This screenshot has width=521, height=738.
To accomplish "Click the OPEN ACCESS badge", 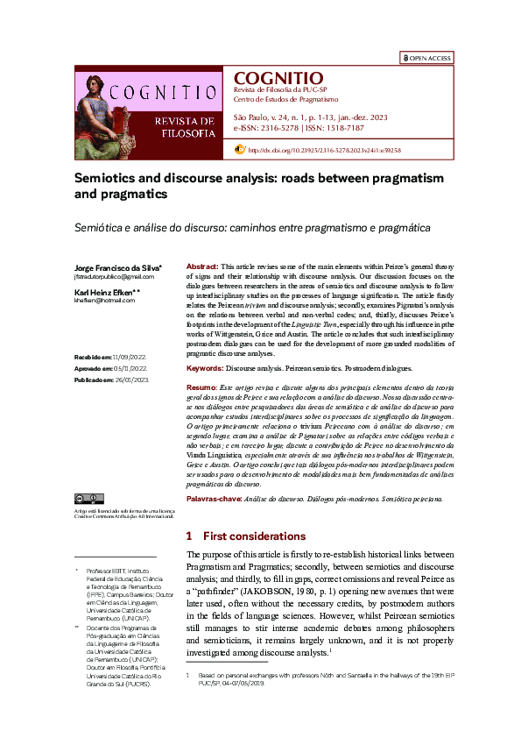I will pyautogui.click(x=426, y=58).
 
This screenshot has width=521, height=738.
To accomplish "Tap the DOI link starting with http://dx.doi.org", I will pyautogui.click(x=324, y=150).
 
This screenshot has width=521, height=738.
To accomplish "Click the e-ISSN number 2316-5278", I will pyautogui.click(x=274, y=128).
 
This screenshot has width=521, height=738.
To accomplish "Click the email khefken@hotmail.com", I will pyautogui.click(x=99, y=300).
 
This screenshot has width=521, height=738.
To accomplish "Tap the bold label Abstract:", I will pyautogui.click(x=202, y=266).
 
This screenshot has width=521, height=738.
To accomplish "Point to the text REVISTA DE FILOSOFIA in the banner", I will pyautogui.click(x=183, y=126).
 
